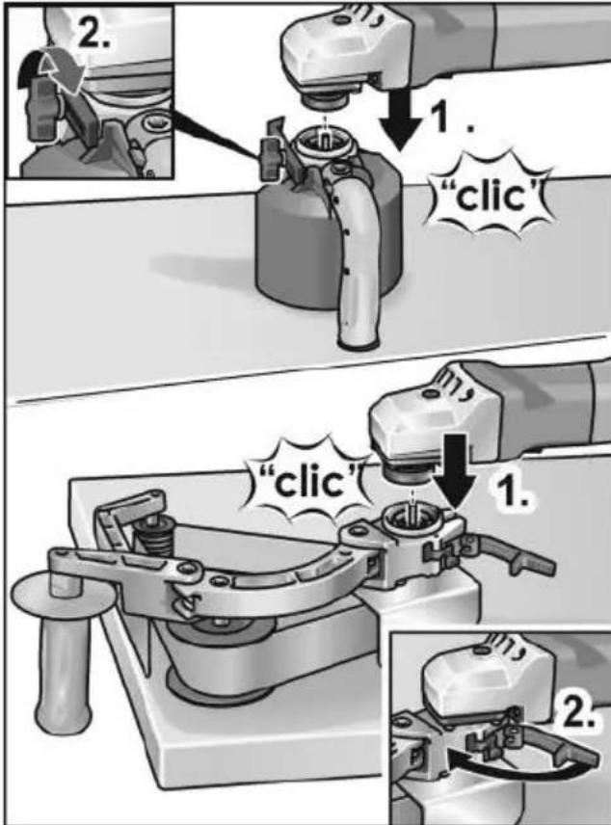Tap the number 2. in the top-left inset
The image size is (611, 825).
(x=94, y=34)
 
